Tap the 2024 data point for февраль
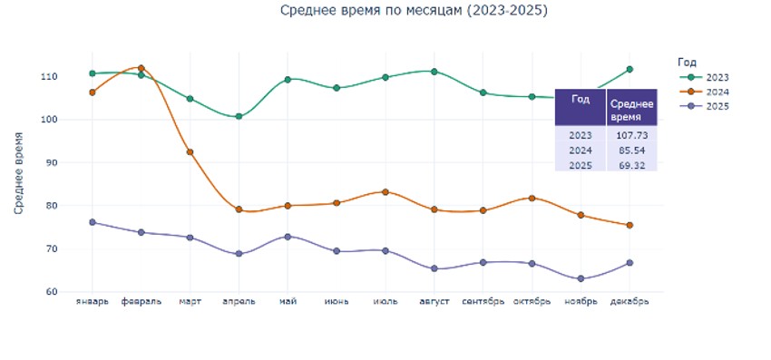point(142,68)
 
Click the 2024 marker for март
point(190,152)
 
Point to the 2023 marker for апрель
point(239,116)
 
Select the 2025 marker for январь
point(93,222)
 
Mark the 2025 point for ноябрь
point(581,278)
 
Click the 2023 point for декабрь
point(629,69)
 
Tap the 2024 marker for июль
point(385,191)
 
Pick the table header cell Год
point(581,99)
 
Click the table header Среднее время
point(630,107)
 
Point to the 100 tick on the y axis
point(74,120)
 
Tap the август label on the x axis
point(434,302)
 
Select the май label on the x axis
point(288,302)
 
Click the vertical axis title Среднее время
point(19,171)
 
